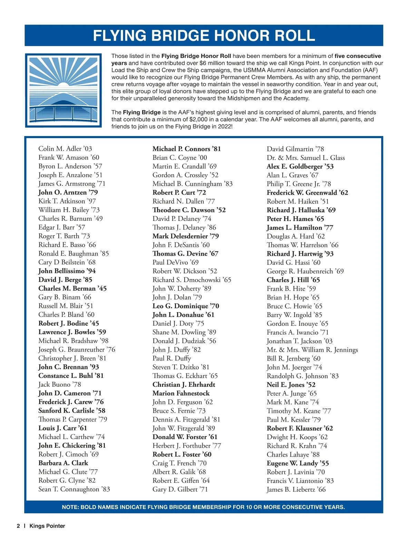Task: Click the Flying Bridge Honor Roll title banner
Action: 204,36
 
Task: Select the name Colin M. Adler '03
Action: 65,149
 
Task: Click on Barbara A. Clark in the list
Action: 63,463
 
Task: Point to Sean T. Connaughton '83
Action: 74,489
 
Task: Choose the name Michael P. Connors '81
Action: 187,149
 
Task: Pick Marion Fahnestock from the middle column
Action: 181,393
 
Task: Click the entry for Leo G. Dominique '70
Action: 186,306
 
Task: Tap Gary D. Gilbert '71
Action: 180,489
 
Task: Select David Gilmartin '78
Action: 295,149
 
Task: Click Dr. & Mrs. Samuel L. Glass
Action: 306,158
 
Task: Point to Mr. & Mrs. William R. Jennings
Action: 312,350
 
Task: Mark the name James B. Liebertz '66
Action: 296,489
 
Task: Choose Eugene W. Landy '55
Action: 298,463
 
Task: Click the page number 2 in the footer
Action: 18,526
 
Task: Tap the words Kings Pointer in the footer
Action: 47,526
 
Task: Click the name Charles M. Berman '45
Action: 72,288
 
